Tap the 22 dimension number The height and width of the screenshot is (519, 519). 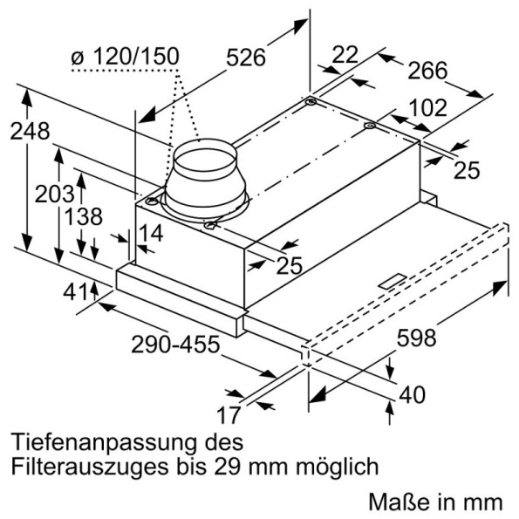[345, 54]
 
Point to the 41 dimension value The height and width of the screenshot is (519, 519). [78, 290]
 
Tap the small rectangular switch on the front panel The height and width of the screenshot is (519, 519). [393, 281]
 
